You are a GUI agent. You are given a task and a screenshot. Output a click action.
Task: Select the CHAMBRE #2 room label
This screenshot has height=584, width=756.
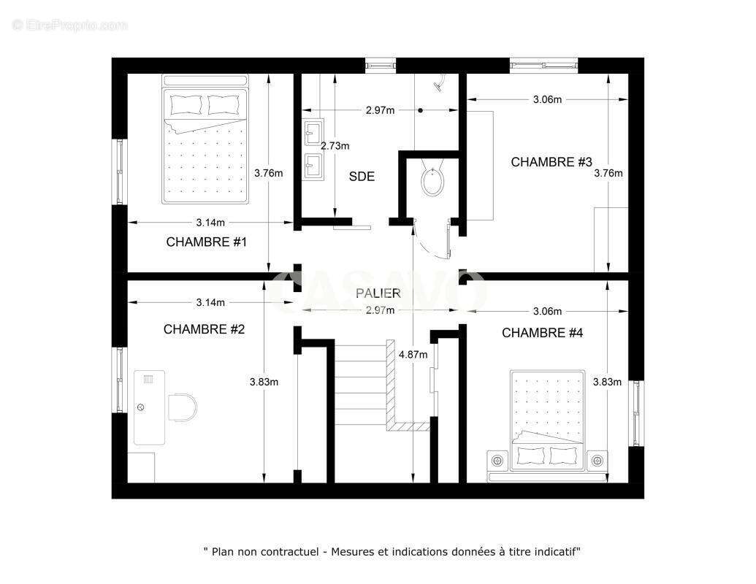pyautogui.click(x=204, y=329)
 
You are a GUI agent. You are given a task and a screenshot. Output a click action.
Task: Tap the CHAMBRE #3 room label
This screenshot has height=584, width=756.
pyautogui.click(x=551, y=162)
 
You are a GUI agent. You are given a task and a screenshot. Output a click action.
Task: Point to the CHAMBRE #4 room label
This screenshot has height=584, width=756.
pyautogui.click(x=542, y=333)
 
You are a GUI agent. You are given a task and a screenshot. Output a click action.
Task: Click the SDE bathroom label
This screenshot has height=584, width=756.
pyautogui.click(x=362, y=177)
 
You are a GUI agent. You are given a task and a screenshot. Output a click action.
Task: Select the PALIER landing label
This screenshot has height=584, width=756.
pyautogui.click(x=378, y=293)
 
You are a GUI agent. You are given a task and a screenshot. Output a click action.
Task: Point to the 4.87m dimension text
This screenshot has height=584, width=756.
pyautogui.click(x=413, y=355)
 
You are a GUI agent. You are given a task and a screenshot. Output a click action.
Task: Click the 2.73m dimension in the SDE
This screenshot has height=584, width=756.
pyautogui.click(x=335, y=146)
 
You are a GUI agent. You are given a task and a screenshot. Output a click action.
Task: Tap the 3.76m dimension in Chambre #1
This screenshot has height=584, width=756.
pyautogui.click(x=269, y=173)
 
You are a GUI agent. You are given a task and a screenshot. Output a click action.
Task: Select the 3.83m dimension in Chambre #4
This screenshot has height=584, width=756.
pyautogui.click(x=607, y=382)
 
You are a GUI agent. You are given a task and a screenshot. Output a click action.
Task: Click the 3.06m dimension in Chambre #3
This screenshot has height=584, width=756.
pyautogui.click(x=547, y=99)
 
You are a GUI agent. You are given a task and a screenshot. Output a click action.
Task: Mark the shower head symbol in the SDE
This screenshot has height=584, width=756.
pyautogui.click(x=438, y=85)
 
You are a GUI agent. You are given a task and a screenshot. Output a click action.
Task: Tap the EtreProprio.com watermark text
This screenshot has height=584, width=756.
pyautogui.click(x=69, y=26)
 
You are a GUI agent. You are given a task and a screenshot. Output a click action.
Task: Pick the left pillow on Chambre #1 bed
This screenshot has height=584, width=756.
pyautogui.click(x=186, y=105)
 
